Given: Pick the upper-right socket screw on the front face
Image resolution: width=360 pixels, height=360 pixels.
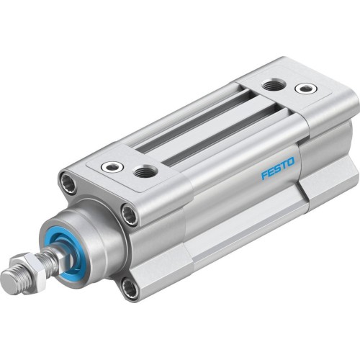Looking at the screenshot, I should point(130,214).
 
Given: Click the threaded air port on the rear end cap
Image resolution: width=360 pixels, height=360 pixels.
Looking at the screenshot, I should point(273,86).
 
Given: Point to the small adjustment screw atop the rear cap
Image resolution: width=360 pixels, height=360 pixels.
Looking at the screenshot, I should point(306,89).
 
